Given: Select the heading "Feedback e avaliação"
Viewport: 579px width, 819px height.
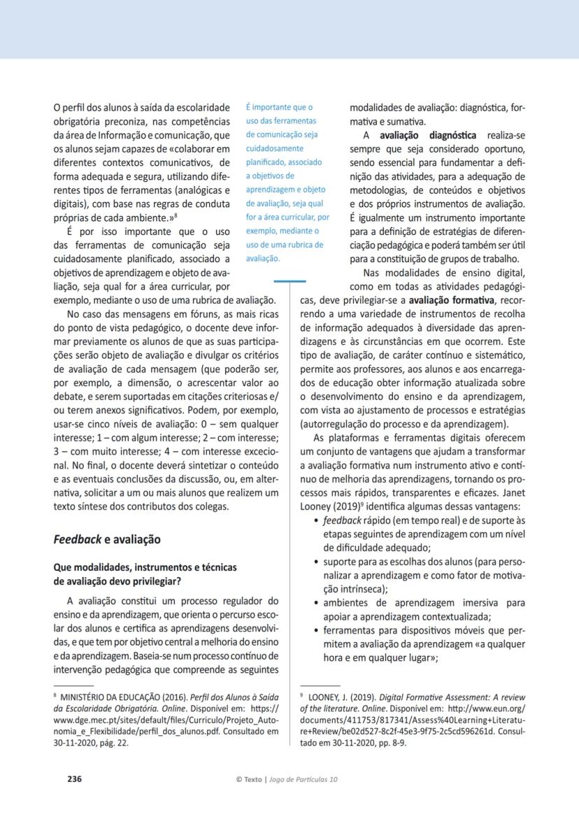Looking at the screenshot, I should (x=107, y=539).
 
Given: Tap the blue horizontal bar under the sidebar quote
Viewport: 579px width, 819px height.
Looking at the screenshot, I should (x=289, y=281).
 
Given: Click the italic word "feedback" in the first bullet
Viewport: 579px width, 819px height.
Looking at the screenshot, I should (x=342, y=521).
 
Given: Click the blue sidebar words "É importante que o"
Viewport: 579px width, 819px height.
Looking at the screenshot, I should (x=278, y=107).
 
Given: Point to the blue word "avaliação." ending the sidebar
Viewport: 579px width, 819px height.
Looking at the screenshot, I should (x=263, y=257).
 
